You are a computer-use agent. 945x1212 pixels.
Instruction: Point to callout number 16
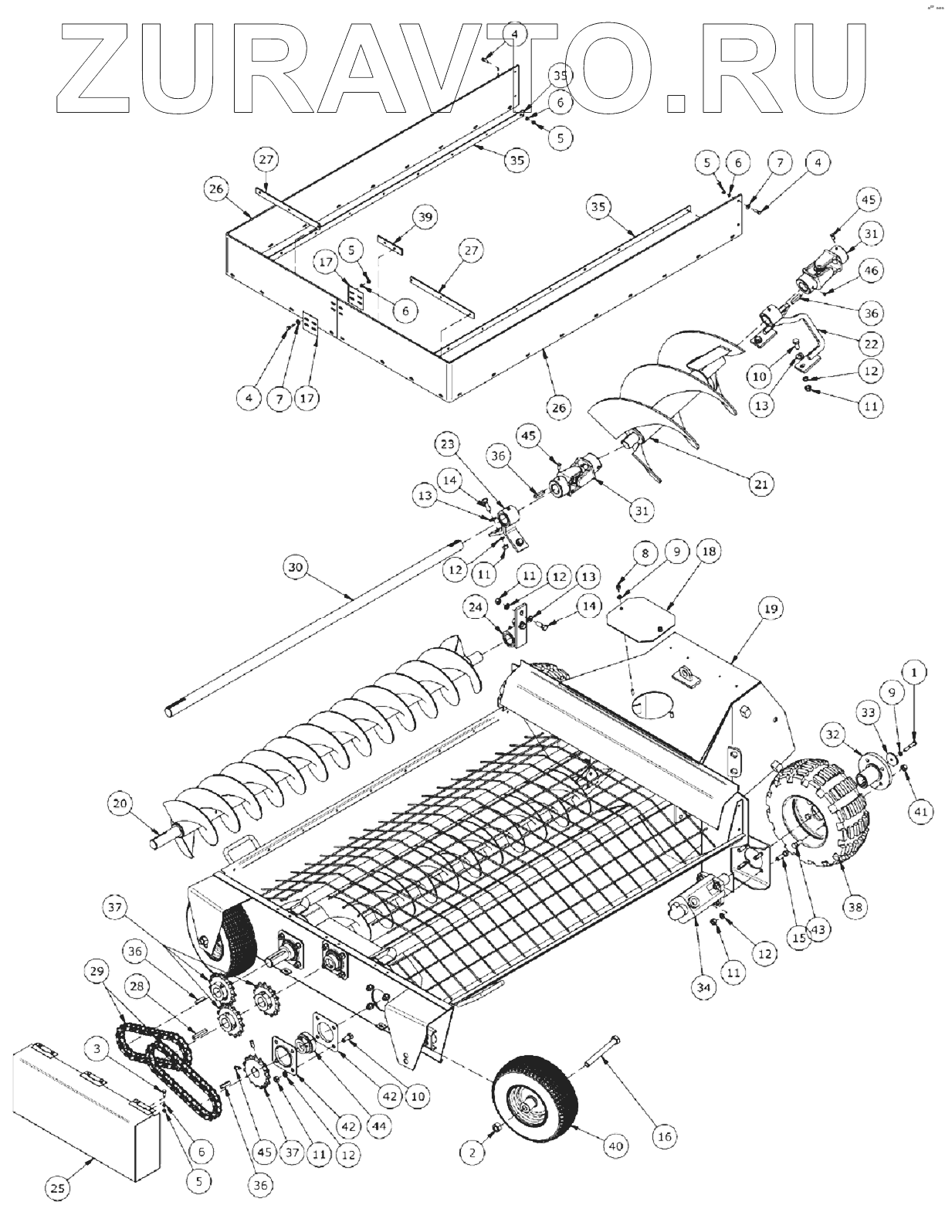point(665,1136)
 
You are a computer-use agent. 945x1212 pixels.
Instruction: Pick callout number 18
point(708,551)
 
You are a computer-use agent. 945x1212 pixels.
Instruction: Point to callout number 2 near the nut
point(472,1153)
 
